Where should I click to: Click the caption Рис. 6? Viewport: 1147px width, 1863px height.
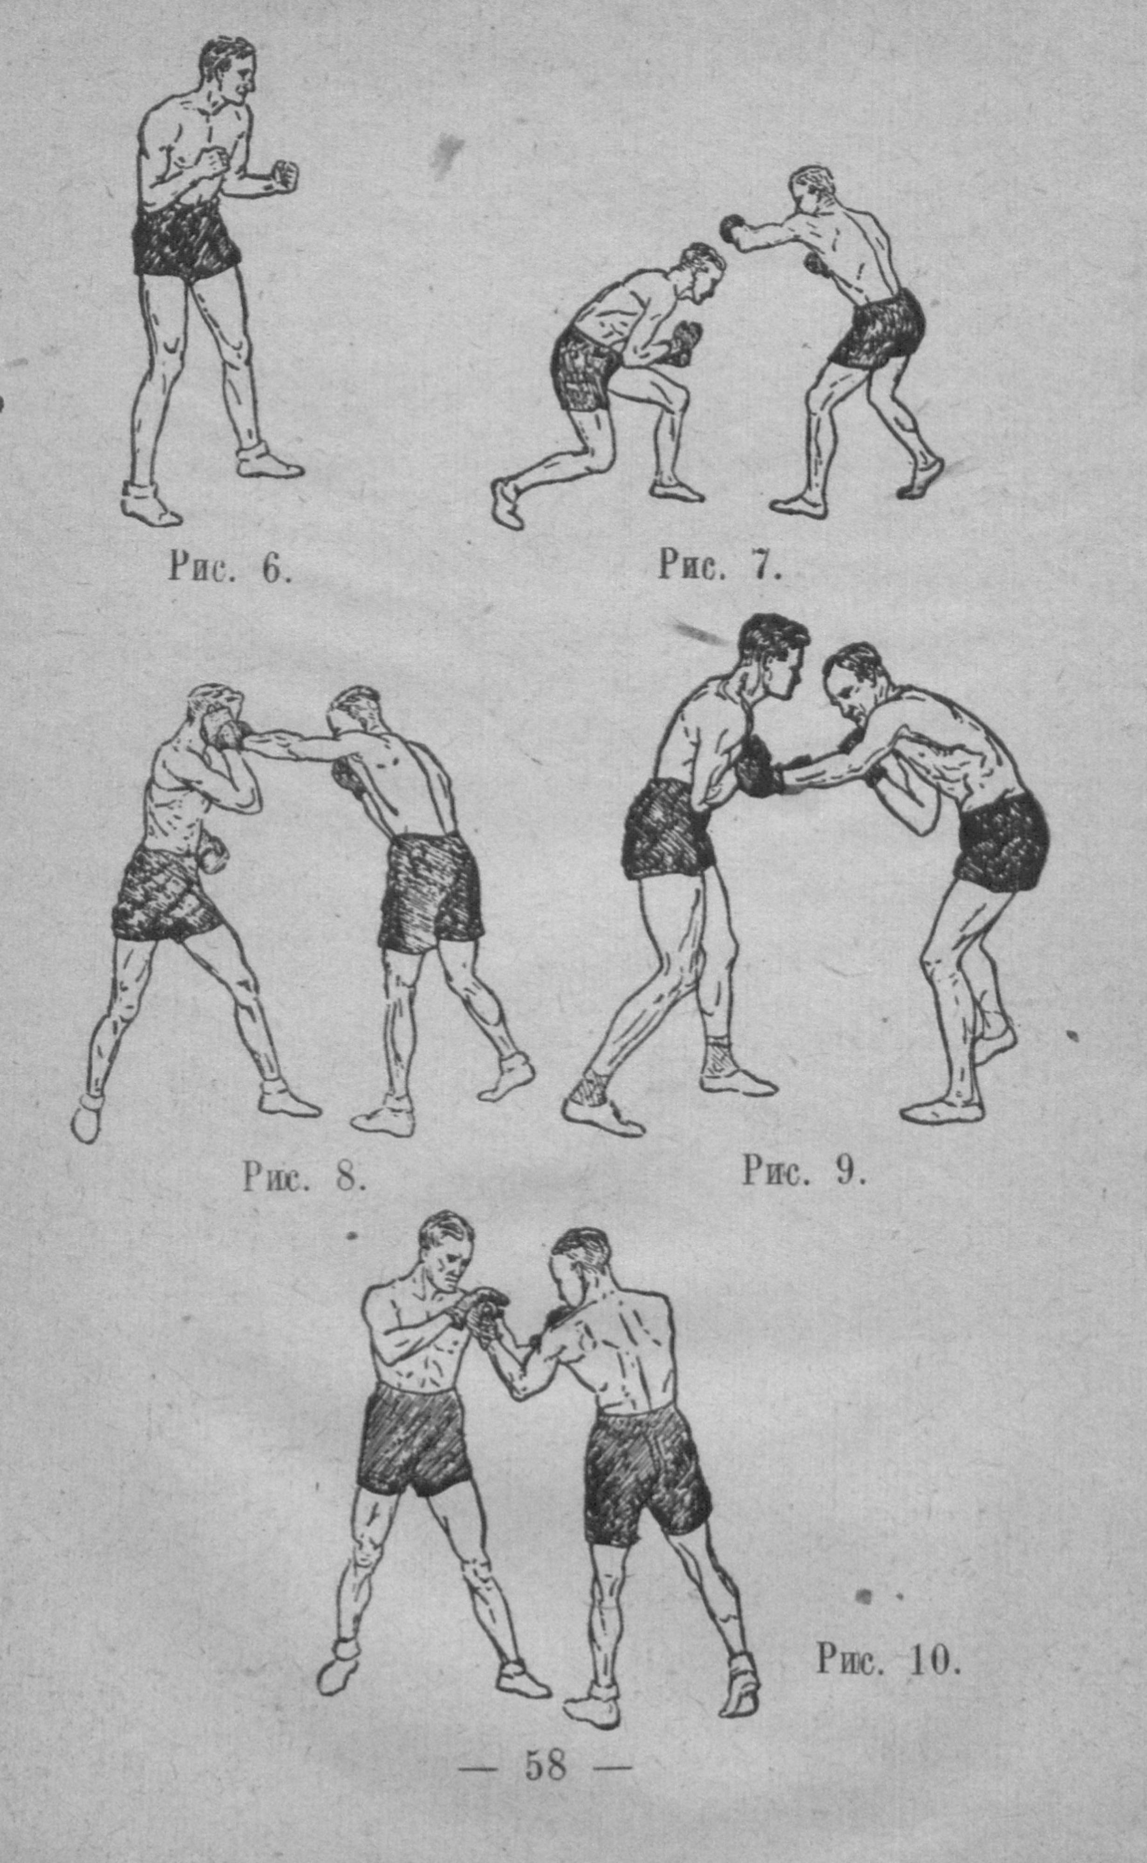230,568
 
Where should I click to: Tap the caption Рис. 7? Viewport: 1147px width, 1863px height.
719,565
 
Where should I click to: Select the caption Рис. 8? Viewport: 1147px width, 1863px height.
304,1177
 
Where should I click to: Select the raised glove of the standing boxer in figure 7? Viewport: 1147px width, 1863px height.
733,227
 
